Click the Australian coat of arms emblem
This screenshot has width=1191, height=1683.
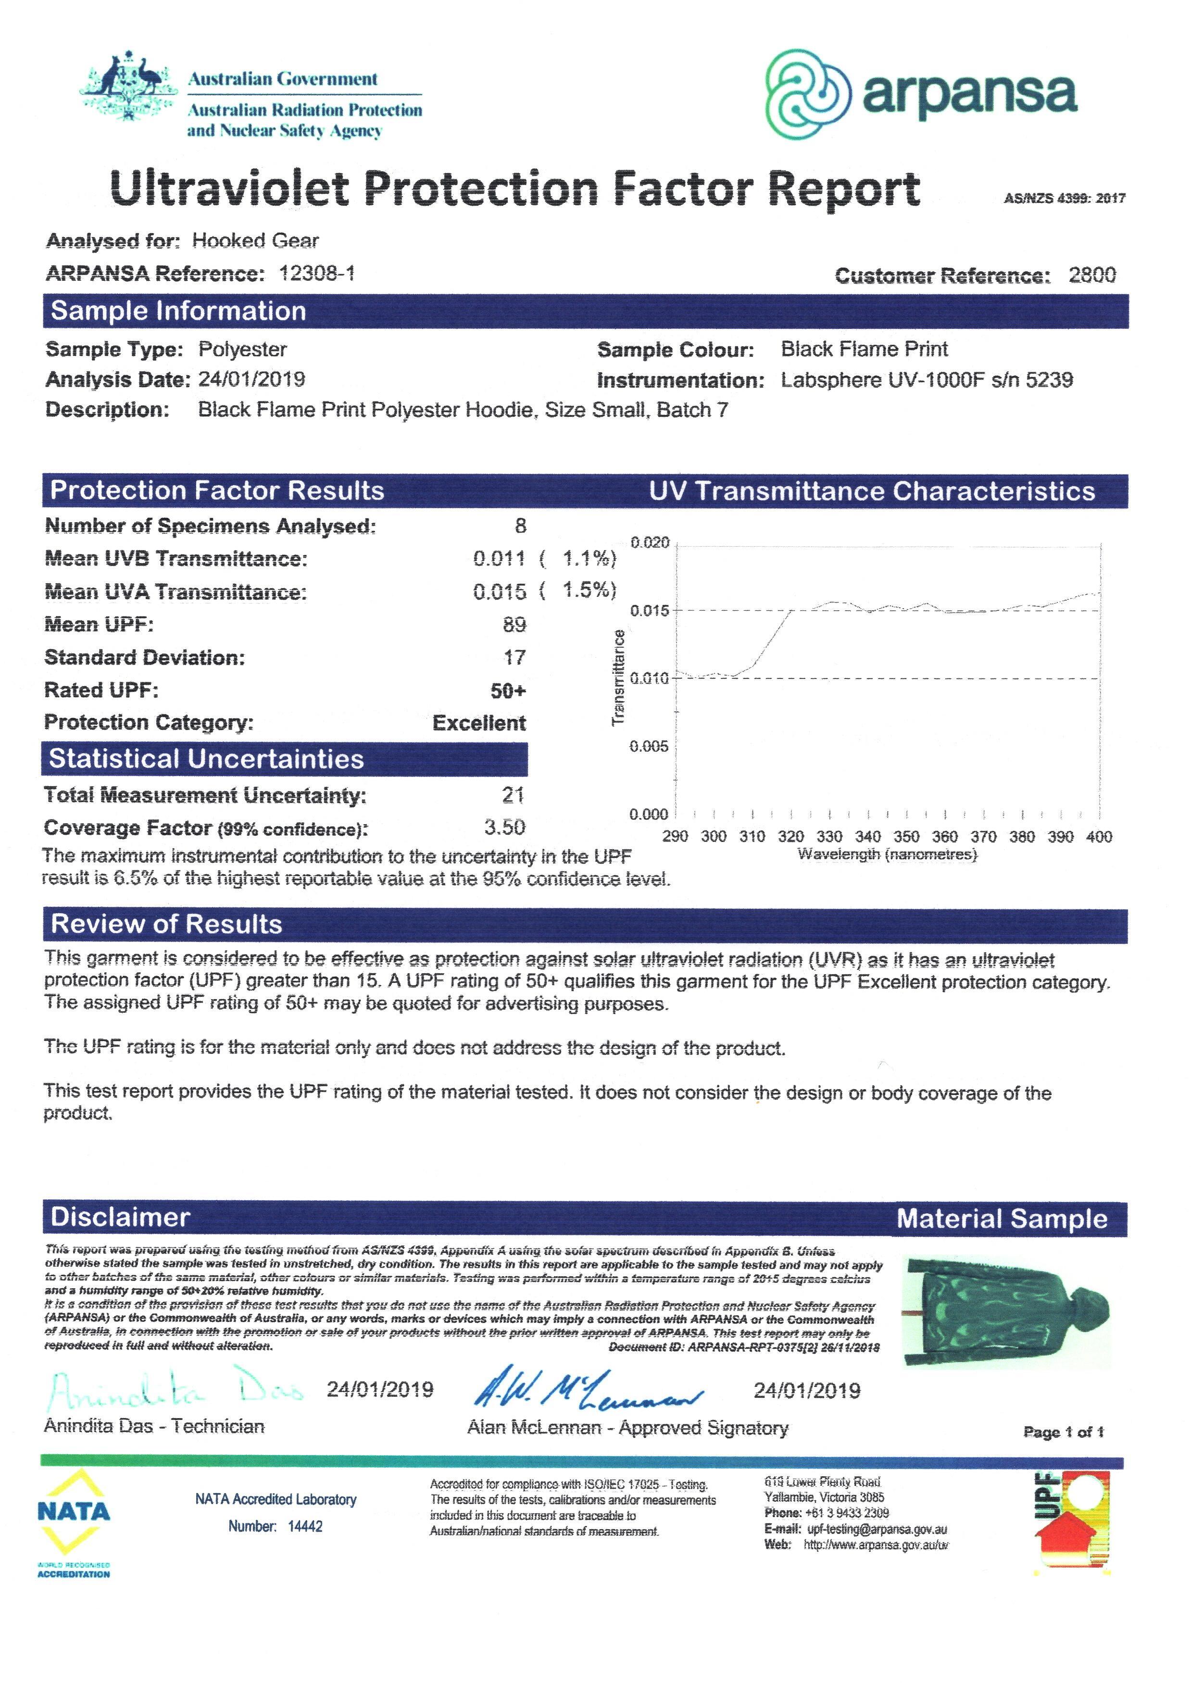pyautogui.click(x=129, y=87)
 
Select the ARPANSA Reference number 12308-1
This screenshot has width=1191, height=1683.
pyautogui.click(x=317, y=274)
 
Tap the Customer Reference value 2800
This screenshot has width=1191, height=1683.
pyautogui.click(x=1091, y=276)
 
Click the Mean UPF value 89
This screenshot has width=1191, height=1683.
pyautogui.click(x=514, y=625)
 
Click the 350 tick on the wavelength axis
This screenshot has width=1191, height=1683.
pyautogui.click(x=906, y=837)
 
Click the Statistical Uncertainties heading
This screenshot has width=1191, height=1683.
pyautogui.click(x=206, y=759)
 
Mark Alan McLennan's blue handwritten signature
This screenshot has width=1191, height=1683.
pyautogui.click(x=587, y=1391)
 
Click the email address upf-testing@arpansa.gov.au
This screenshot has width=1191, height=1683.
pyautogui.click(x=877, y=1529)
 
